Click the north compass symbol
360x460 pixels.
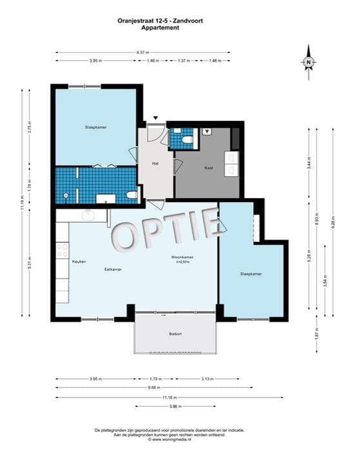click(x=308, y=61)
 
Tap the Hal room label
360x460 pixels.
click(x=155, y=163)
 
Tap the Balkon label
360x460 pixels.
click(x=175, y=333)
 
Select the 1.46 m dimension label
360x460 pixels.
click(x=153, y=60)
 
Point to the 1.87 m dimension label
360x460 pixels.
click(x=316, y=335)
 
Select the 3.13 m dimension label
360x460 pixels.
click(x=208, y=378)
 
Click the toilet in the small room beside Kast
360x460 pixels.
click(x=187, y=140)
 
